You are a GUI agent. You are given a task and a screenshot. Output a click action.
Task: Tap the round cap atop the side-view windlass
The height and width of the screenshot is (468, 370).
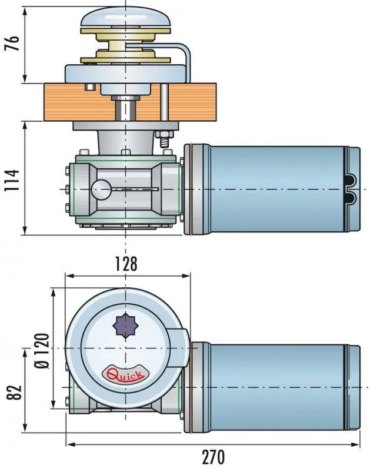click(126, 21)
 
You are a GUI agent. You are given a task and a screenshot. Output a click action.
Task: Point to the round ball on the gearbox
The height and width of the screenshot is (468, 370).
click(101, 189)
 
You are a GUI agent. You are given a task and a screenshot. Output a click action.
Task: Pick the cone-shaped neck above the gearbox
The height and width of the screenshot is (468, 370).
click(125, 141)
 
